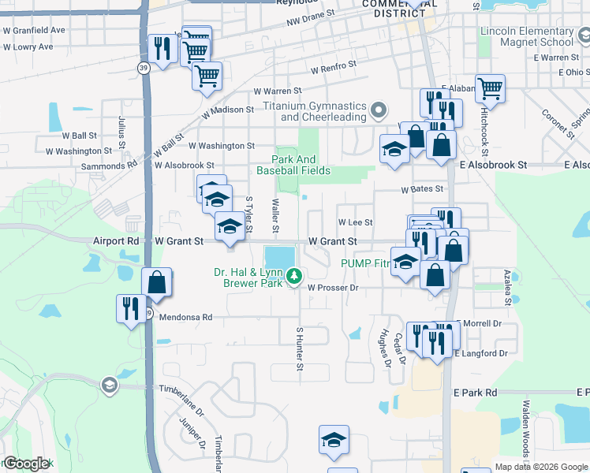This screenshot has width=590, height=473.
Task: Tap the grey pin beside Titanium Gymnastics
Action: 379,110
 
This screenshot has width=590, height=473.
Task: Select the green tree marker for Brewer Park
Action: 294,275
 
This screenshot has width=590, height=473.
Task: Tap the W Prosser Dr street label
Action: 333,289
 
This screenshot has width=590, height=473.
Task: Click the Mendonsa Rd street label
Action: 186,317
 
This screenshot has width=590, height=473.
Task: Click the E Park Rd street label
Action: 475,392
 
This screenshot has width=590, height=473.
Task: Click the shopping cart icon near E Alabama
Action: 490,88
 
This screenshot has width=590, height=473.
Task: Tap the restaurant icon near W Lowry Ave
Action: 162,50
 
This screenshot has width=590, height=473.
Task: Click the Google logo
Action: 27,464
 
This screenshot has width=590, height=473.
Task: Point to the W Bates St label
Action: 422,189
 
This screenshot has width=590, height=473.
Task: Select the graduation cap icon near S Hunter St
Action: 334,440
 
